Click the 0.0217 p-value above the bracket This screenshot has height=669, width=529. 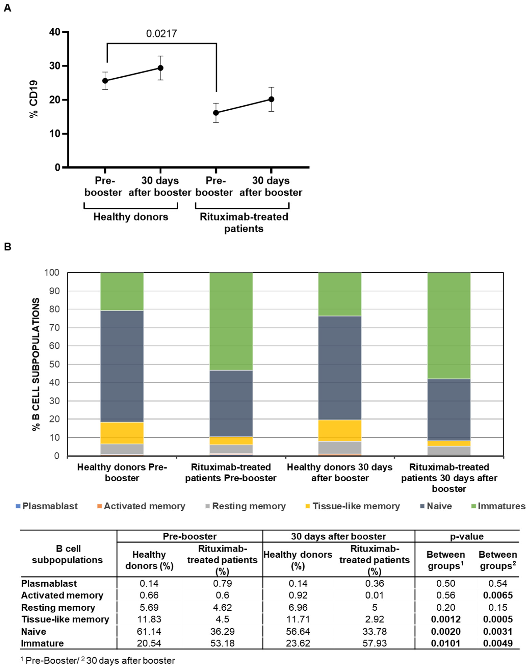161,33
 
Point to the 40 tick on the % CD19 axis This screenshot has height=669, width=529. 55,32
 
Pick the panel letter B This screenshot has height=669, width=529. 7,247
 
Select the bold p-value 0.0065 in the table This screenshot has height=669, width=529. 497,595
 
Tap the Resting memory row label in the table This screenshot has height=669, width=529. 58,607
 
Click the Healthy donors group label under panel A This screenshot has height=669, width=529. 131,217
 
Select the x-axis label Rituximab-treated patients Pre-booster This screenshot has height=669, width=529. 231,473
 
